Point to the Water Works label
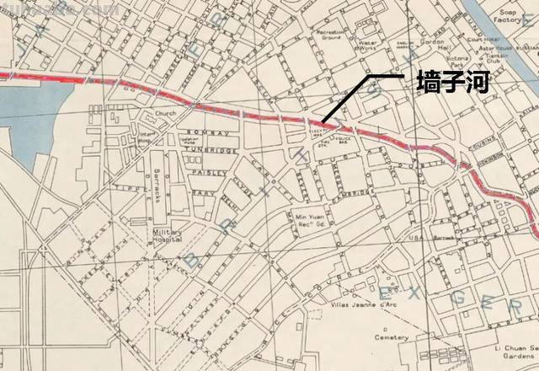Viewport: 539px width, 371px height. (x=368, y=43)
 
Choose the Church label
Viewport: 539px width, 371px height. (x=163, y=113)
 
